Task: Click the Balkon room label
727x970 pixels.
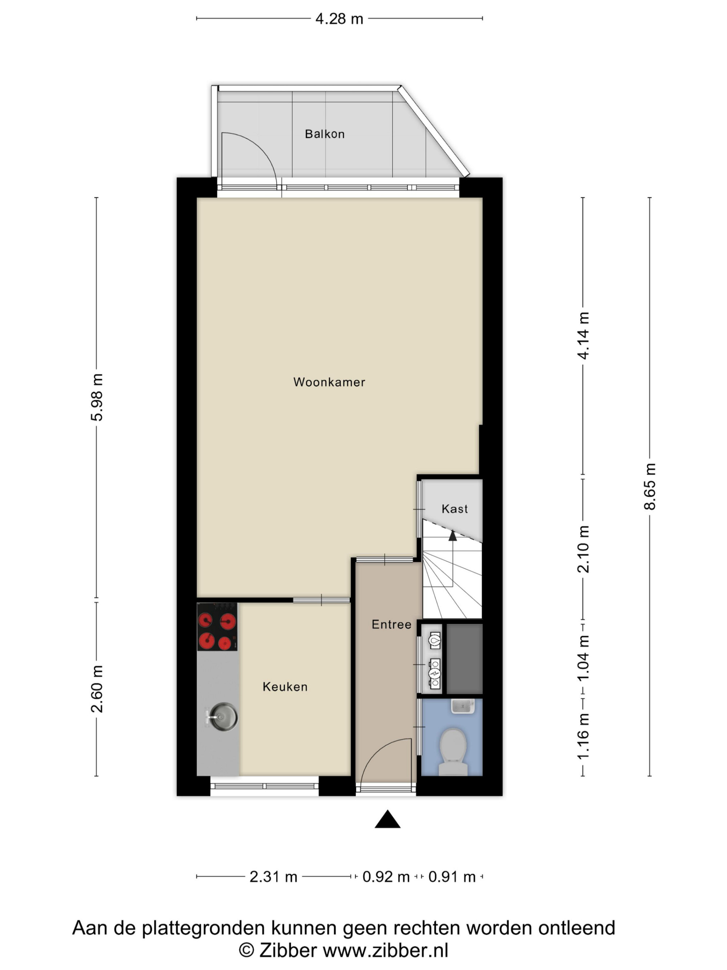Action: point(325,134)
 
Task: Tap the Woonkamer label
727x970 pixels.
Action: point(329,382)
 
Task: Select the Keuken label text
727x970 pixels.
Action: point(285,687)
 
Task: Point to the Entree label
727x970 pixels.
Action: point(391,624)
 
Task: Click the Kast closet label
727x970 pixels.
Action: point(454,509)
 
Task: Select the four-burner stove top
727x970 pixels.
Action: point(217,627)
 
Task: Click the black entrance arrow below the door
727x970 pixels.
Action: point(387,819)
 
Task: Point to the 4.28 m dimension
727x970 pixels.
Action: point(339,19)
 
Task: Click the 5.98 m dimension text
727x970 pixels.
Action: point(97,397)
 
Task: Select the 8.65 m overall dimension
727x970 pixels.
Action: point(650,486)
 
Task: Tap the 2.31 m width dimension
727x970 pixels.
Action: point(273,877)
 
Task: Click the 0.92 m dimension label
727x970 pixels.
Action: point(386,877)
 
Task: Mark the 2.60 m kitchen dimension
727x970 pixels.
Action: point(97,689)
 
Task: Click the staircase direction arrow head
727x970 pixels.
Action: point(452,535)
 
